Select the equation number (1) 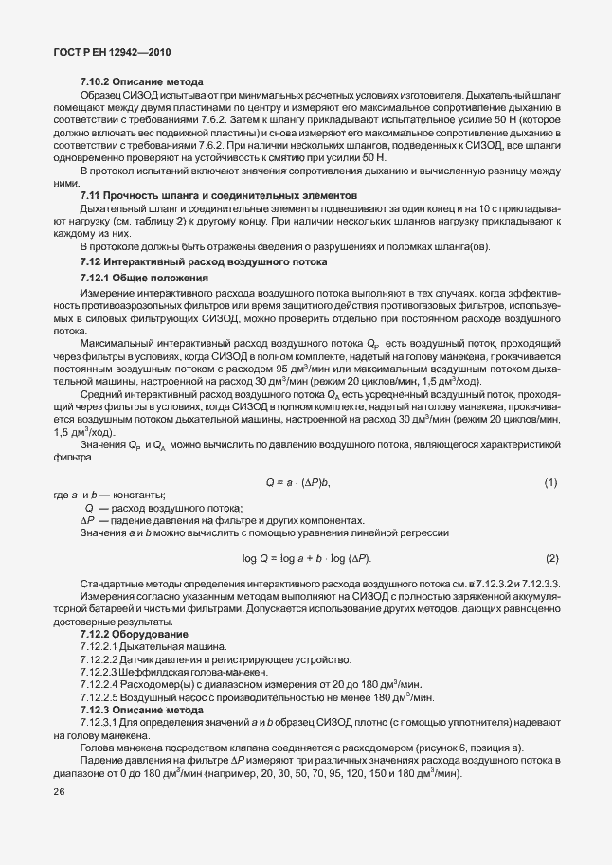tap(550, 483)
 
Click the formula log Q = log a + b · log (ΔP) tap(306, 557)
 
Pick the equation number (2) tap(550, 557)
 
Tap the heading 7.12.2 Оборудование tap(135, 633)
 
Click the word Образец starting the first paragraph tap(103, 97)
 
